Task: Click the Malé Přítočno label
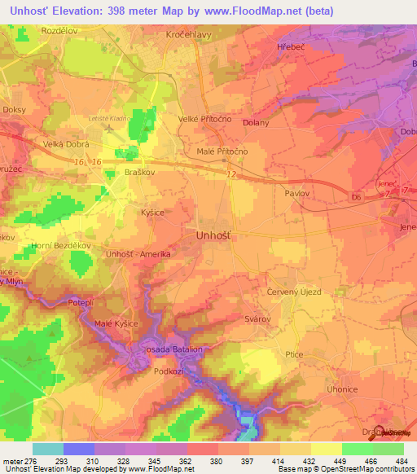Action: [x=222, y=151]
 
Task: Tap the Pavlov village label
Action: [x=296, y=194]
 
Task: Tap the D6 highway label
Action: [x=355, y=197]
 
